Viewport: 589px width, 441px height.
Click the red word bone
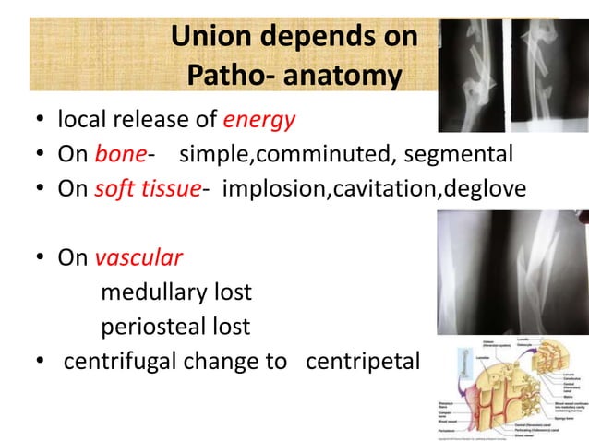point(119,154)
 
